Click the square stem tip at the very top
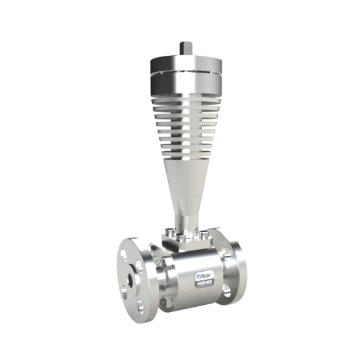pyautogui.click(x=186, y=48)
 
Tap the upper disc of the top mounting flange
pyautogui.click(x=186, y=63)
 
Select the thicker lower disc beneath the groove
pyautogui.click(x=186, y=85)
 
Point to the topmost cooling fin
pyautogui.click(x=186, y=101)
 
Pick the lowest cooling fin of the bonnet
pyautogui.click(x=186, y=154)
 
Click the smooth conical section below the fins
pyautogui.click(x=186, y=187)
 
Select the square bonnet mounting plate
pyautogui.click(x=186, y=241)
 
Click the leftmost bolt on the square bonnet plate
pyautogui.click(x=169, y=231)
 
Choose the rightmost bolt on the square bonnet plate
pyautogui.click(x=204, y=234)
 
